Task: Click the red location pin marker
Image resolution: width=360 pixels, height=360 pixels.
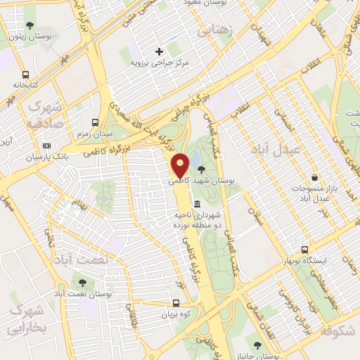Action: (181, 165)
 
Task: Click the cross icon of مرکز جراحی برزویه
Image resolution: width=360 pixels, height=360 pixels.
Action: (159, 51)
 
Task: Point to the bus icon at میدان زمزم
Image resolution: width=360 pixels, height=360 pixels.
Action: (96, 122)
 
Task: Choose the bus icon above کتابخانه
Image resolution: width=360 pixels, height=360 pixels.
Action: (26, 74)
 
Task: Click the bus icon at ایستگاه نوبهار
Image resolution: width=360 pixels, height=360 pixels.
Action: (304, 250)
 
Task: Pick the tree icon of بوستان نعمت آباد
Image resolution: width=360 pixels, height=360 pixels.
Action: (83, 282)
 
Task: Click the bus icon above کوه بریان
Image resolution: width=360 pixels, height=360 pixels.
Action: (176, 304)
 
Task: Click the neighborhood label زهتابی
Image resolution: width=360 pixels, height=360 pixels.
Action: (213, 30)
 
